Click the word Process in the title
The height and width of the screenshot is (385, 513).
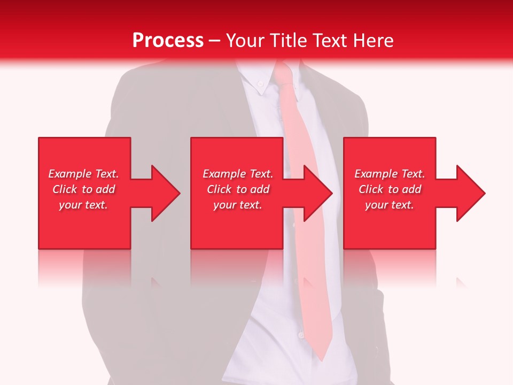click(x=168, y=41)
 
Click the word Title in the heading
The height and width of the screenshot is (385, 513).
click(x=287, y=41)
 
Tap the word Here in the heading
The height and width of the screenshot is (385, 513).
click(x=374, y=41)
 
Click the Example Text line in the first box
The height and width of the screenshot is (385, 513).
click(x=83, y=174)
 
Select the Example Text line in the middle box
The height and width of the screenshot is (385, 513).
click(x=238, y=174)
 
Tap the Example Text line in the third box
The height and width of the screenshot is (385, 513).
click(x=390, y=174)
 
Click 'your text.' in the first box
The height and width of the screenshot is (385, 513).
click(x=83, y=205)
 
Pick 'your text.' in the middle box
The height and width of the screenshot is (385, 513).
click(x=238, y=205)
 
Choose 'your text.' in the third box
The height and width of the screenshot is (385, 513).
click(x=390, y=205)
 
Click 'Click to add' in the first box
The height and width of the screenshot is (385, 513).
click(x=83, y=189)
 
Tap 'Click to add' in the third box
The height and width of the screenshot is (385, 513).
click(x=390, y=189)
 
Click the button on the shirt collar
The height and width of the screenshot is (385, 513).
click(x=260, y=83)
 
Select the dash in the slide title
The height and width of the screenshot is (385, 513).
click(x=214, y=41)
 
